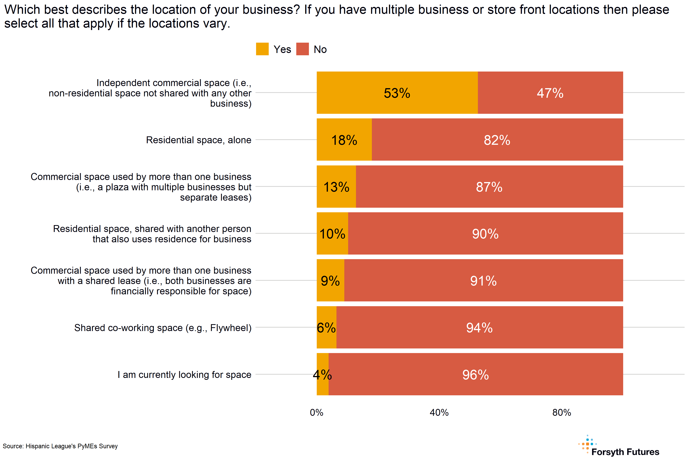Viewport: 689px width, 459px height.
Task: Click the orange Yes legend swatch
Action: pos(262,49)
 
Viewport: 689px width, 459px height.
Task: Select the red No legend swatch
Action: pos(302,49)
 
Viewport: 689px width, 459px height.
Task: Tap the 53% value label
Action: pos(397,93)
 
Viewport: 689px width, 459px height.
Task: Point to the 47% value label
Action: pos(550,93)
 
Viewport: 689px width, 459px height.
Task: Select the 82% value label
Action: pos(497,140)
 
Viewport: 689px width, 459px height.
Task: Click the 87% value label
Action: pos(489,187)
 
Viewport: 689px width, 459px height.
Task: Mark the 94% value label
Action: pos(479,328)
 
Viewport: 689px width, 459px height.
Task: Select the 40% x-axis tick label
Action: pos(439,413)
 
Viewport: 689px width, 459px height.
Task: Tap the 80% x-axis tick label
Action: pos(562,413)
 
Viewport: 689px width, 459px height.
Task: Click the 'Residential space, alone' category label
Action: pos(199,140)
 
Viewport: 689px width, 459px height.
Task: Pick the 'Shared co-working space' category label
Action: pos(163,328)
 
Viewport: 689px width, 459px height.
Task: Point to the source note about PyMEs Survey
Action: pos(60,446)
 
